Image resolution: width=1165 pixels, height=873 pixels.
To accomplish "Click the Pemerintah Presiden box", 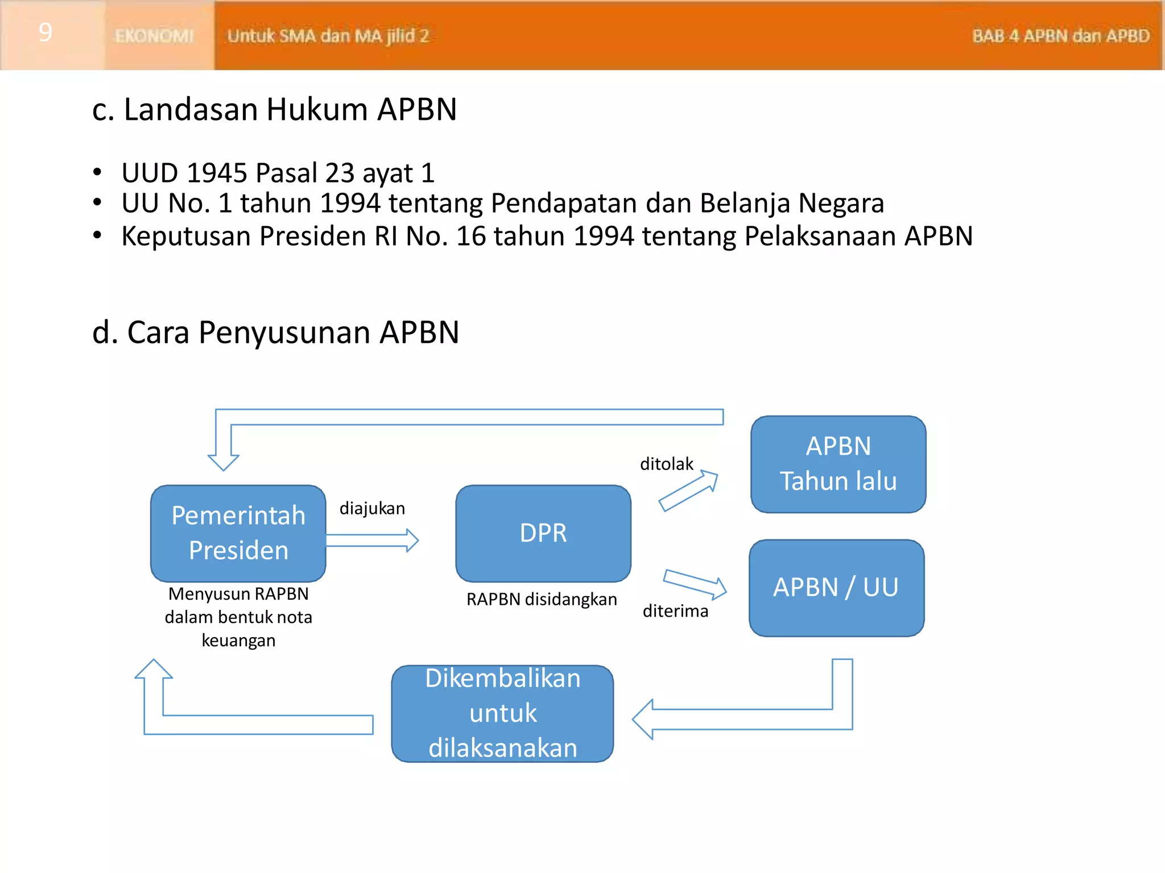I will tap(238, 533).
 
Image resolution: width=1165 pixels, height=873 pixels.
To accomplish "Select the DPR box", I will tap(543, 533).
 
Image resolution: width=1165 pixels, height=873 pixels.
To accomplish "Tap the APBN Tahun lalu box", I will tap(838, 464).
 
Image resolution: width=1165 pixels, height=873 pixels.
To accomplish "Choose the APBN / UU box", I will tap(836, 588).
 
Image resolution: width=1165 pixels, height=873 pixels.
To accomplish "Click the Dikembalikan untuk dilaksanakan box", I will tap(502, 713).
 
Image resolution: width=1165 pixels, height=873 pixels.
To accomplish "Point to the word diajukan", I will tap(372, 508).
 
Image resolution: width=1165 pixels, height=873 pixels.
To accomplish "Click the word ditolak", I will tap(666, 464).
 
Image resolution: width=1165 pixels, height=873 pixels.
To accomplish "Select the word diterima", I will tap(675, 611).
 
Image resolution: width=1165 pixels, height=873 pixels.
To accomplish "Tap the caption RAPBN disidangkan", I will tap(542, 599).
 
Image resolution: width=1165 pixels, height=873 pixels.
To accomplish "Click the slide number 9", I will tap(46, 32).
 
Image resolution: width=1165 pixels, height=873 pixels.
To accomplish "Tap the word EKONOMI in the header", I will tap(154, 36).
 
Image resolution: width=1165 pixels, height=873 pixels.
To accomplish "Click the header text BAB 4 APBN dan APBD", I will tap(1060, 36).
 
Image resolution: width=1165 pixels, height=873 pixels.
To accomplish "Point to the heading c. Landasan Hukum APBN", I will tap(274, 109).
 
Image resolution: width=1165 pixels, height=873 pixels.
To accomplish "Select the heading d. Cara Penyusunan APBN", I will tap(275, 332).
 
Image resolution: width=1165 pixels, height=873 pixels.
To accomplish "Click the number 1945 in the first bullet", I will tap(217, 173).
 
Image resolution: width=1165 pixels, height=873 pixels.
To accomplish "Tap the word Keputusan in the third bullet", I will tap(186, 236).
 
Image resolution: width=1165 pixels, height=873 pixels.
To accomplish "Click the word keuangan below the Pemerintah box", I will tap(238, 641).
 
